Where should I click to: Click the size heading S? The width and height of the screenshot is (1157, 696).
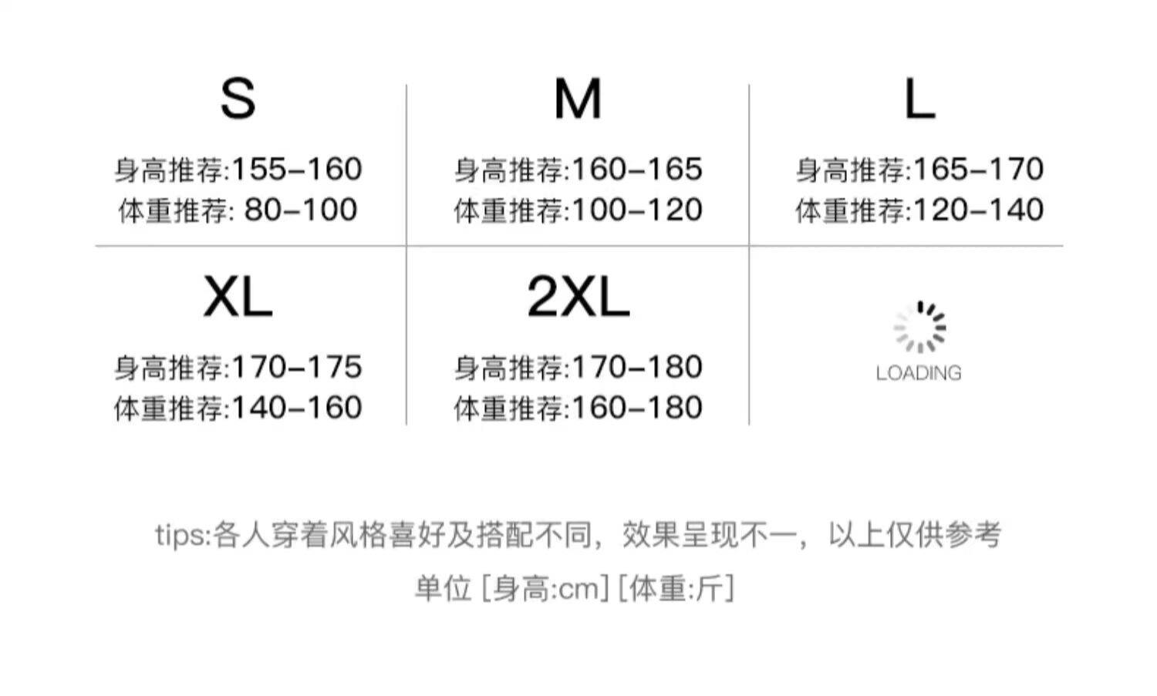click(238, 99)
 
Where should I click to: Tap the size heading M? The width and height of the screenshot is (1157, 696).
click(578, 99)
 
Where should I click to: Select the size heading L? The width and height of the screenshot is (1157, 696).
click(919, 99)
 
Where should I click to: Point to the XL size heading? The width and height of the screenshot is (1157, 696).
click(238, 298)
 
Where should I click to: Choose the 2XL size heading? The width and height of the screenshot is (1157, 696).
click(578, 298)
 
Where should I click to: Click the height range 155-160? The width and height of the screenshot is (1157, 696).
click(297, 170)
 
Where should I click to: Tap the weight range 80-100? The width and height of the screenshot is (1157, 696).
click(301, 210)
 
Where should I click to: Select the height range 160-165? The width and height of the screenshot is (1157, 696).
click(637, 170)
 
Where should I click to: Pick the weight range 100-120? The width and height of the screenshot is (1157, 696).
click(637, 210)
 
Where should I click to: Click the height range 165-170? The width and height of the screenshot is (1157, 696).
click(978, 170)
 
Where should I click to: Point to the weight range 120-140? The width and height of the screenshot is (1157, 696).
click(978, 210)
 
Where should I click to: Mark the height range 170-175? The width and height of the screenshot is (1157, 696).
click(297, 367)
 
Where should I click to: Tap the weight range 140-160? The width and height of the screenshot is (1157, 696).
click(297, 408)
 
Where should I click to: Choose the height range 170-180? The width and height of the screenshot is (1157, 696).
click(637, 367)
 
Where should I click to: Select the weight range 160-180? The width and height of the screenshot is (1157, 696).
click(637, 408)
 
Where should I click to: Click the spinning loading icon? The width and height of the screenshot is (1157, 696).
click(919, 328)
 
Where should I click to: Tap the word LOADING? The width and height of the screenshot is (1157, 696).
click(919, 373)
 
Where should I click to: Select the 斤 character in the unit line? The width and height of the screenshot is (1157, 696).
click(711, 590)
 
